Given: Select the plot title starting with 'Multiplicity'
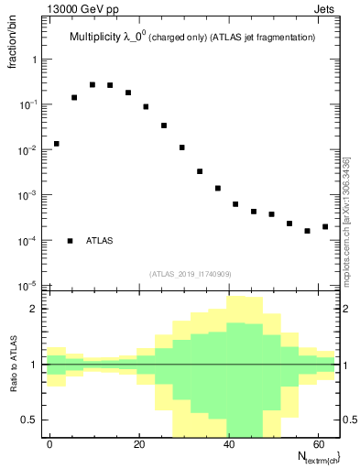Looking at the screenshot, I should pos(192,38).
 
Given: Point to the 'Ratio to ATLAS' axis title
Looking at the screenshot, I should pos(13,365).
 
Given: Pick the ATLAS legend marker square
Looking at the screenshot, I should pos(70,241).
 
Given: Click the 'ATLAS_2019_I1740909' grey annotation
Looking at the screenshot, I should pos(190,273).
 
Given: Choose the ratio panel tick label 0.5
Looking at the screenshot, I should pos(32,420).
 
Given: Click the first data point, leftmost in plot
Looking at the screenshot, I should pos(56,144).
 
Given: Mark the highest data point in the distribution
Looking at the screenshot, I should pos(92,84).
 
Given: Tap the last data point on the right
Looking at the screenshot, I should pos(325,226).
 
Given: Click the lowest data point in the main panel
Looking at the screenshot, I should pos(307,231).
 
